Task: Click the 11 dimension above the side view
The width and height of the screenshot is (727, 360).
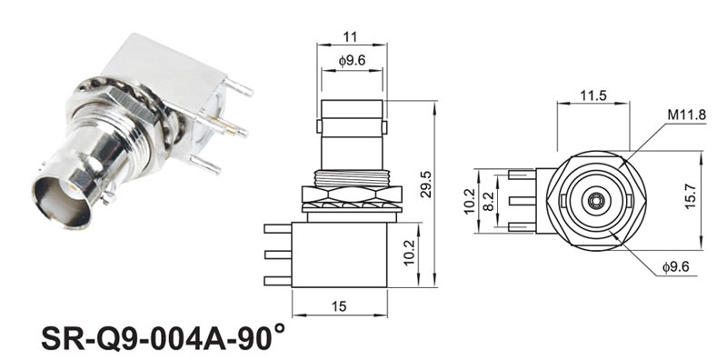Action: point(350,36)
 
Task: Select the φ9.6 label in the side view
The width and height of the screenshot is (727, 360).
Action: point(352,61)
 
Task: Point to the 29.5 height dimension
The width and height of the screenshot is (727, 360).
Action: point(425,185)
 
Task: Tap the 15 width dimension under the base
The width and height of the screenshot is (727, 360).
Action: point(339,306)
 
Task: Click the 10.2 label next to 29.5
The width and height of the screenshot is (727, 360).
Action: point(409,253)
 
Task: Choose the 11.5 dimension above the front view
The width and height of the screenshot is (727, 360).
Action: point(593,95)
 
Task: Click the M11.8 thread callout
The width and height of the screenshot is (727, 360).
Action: point(687,115)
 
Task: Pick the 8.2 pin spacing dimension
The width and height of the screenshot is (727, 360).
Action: point(488,201)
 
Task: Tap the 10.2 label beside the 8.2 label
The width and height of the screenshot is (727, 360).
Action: point(469,201)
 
